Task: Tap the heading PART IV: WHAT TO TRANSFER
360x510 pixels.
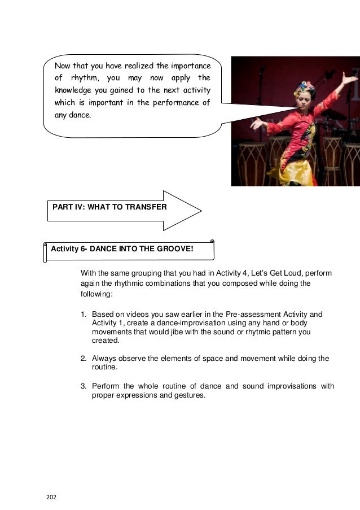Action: [109, 207]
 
